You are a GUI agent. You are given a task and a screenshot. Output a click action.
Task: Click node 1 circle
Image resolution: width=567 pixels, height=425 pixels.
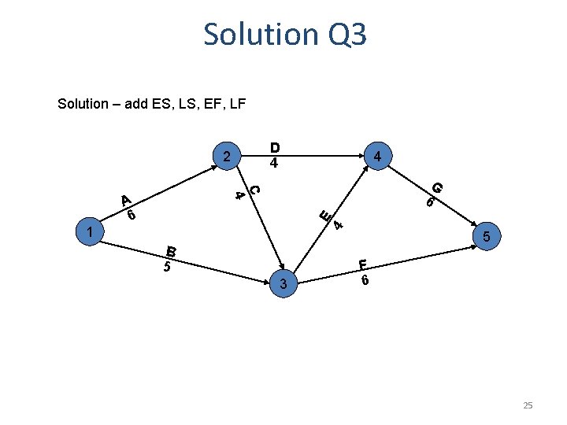(92, 232)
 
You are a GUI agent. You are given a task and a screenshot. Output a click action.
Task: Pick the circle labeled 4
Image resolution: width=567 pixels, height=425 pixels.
(378, 157)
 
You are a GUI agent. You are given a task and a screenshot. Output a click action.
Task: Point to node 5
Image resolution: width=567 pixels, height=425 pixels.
(486, 237)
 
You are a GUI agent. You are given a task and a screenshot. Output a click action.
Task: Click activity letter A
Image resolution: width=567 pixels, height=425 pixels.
(125, 201)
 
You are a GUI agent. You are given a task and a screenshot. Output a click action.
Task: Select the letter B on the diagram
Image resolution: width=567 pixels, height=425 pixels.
(171, 252)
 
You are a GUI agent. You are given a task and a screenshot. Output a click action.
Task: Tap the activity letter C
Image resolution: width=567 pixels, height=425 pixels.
(254, 189)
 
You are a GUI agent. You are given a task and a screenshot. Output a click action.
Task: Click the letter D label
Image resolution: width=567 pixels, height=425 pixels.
(275, 147)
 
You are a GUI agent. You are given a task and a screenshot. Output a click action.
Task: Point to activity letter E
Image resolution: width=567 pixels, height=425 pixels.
(324, 213)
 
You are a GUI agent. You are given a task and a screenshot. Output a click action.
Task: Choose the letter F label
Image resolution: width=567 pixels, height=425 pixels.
(363, 264)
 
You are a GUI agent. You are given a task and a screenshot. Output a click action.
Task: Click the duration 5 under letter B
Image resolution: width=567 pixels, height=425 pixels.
(167, 267)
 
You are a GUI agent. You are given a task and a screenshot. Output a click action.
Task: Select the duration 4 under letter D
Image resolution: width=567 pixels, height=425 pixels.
(274, 164)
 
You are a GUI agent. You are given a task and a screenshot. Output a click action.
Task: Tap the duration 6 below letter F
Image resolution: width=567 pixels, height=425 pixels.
(365, 279)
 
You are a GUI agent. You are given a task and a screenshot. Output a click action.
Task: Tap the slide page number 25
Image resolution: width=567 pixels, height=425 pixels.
(528, 405)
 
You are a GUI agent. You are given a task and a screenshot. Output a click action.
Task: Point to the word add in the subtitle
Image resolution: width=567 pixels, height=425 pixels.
(139, 103)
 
